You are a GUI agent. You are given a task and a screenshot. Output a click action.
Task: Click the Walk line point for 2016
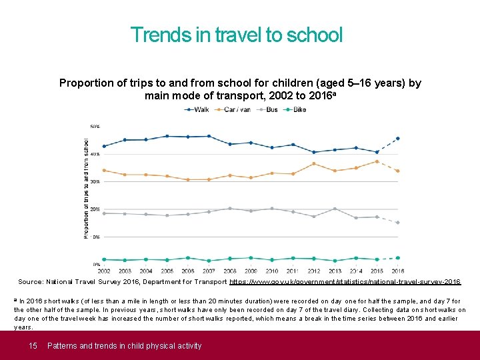[398, 139]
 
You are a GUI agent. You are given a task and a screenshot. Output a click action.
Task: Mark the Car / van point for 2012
[314, 163]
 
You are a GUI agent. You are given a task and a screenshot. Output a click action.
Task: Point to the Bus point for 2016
[398, 223]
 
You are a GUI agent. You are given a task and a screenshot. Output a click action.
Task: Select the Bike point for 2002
[104, 259]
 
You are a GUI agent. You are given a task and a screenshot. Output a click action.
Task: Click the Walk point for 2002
[104, 146]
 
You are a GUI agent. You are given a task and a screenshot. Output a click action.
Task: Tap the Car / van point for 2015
[377, 161]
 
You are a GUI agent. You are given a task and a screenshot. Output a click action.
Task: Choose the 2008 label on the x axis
[230, 271]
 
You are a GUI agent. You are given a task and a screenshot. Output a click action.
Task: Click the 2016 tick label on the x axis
[398, 271]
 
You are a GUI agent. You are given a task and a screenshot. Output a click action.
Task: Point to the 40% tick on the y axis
[96, 154]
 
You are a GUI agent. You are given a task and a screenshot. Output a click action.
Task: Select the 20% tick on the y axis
[96, 209]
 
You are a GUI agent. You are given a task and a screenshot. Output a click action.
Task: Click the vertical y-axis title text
[86, 188]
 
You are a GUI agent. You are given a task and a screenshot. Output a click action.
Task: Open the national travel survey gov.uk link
[345, 283]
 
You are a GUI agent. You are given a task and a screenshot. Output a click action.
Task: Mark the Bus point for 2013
[335, 209]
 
